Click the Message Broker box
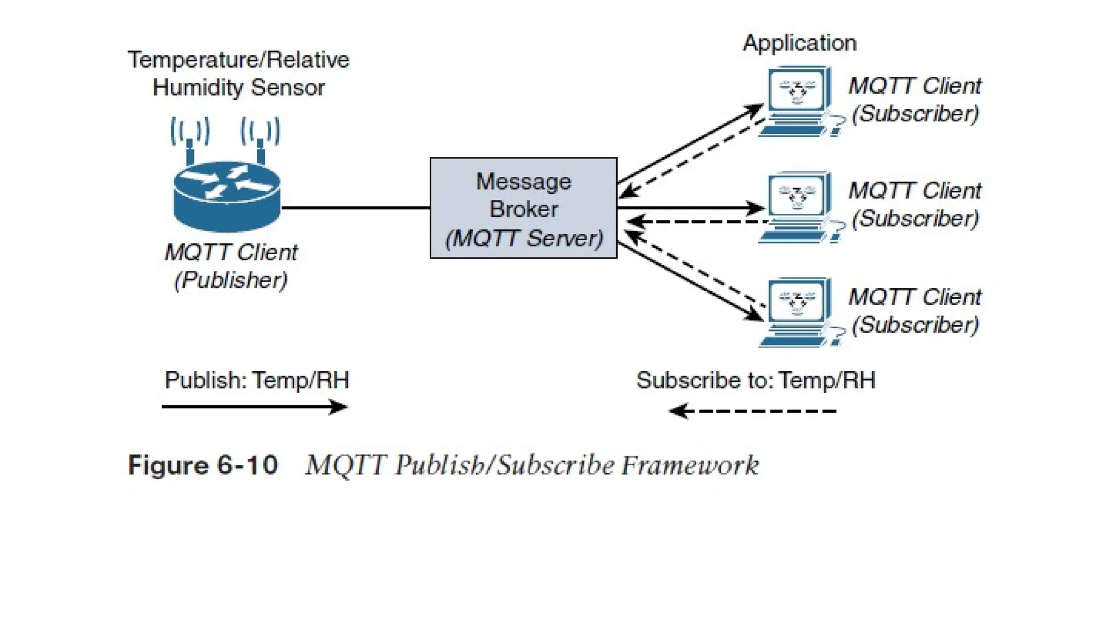(x=523, y=208)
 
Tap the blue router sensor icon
(x=227, y=196)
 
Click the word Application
(x=799, y=43)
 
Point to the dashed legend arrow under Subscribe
(x=752, y=412)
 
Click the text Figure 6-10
(x=203, y=465)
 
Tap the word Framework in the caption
(x=690, y=465)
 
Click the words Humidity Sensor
(x=238, y=88)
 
